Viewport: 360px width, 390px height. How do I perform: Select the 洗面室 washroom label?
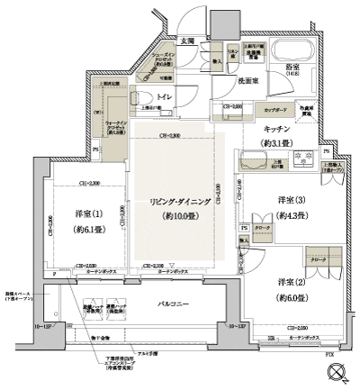click(x=248, y=80)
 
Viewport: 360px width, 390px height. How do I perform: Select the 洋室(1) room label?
click(x=84, y=213)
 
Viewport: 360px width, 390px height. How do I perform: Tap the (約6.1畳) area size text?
click(x=84, y=229)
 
